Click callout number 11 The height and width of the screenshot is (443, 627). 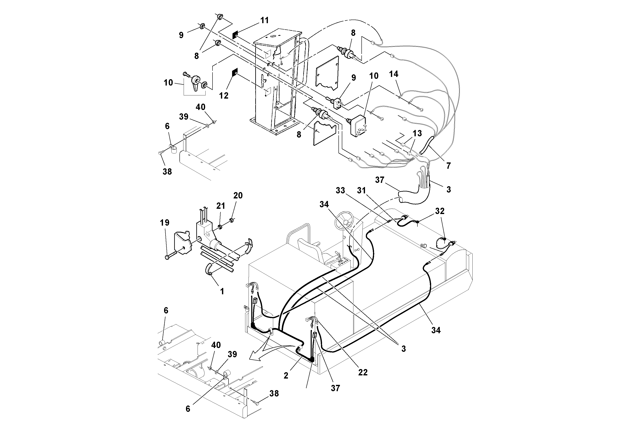tap(264, 20)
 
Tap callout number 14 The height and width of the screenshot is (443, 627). tap(393, 74)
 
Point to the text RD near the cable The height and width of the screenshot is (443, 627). tap(423, 246)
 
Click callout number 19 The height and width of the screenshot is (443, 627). tap(164, 223)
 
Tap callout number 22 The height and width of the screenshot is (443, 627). tap(363, 372)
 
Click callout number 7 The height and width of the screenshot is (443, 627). tap(448, 166)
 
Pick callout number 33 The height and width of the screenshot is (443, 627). tap(340, 190)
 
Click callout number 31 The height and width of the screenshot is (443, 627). tap(361, 190)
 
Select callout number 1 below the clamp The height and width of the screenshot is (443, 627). tap(222, 291)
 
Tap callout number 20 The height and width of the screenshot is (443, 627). tap(238, 195)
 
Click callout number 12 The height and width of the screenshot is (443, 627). tap(224, 96)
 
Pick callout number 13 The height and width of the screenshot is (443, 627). tap(417, 133)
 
